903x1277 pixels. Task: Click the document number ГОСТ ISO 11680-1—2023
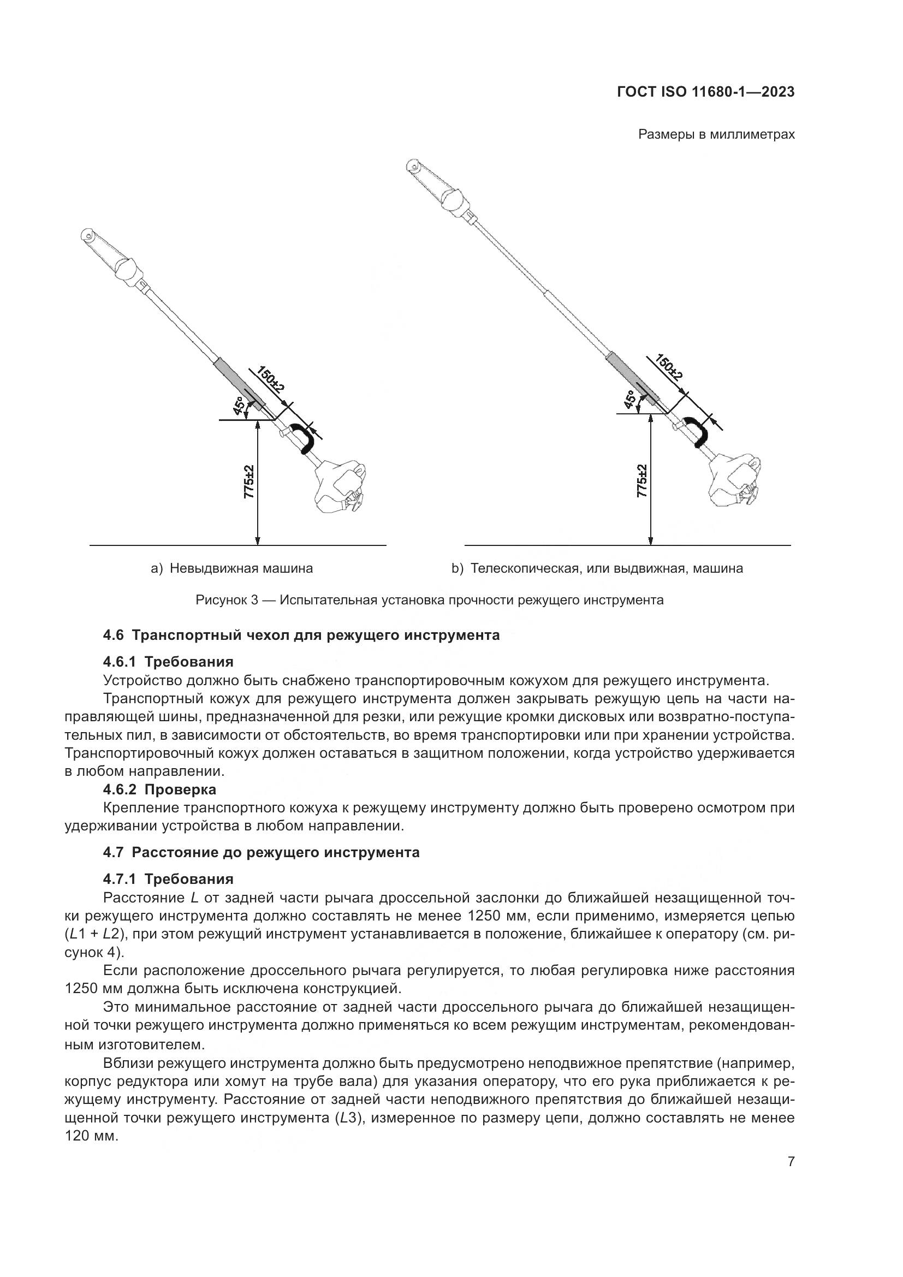705,92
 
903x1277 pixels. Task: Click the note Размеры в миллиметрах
716,135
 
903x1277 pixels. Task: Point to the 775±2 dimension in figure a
249,482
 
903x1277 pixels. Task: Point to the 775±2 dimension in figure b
642,481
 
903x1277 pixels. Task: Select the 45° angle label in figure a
239,406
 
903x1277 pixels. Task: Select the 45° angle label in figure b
631,400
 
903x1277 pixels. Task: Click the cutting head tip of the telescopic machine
413,166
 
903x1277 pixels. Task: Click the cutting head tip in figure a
87,234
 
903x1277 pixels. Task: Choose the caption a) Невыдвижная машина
232,568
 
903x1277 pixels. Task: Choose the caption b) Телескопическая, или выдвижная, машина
597,568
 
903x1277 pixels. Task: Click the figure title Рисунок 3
429,600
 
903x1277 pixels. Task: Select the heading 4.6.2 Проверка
159,789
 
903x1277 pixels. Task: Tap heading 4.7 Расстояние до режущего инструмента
262,852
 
